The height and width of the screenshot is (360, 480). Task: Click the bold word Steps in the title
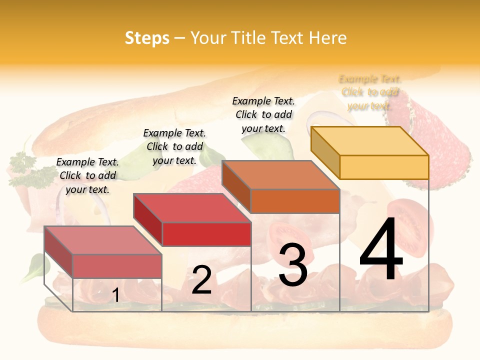click(147, 38)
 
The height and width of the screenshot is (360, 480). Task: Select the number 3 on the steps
click(292, 265)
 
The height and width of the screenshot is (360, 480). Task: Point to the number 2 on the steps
click(201, 280)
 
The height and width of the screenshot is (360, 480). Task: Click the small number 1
click(115, 295)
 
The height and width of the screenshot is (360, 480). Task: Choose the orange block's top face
click(280, 175)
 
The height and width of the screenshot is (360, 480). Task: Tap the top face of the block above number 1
click(103, 240)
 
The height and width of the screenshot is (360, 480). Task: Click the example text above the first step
click(87, 175)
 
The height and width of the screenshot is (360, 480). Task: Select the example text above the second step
click(174, 146)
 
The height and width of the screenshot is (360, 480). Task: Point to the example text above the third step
click(263, 114)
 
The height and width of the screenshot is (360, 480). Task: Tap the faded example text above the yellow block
click(370, 92)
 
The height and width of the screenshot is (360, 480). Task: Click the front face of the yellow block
click(384, 167)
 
